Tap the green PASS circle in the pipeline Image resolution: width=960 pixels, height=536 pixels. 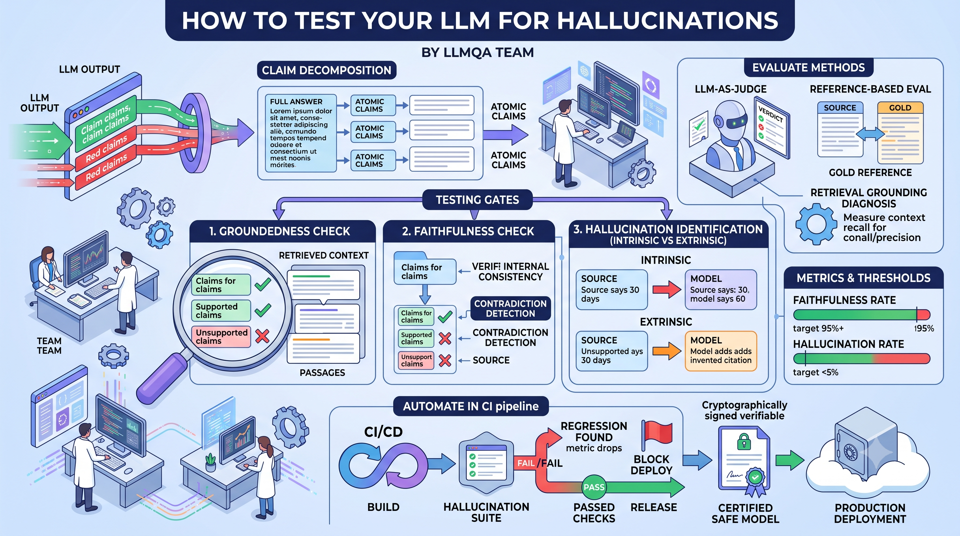pos(594,487)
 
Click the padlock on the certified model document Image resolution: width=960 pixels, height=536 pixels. pos(744,442)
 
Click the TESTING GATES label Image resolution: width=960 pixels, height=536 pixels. pos(478,200)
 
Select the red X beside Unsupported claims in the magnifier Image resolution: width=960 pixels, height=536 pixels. pos(262,336)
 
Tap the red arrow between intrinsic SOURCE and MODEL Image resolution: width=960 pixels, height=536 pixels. pos(667,289)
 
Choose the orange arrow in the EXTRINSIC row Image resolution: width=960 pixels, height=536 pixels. pos(667,351)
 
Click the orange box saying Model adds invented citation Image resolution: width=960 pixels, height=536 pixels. pos(721,351)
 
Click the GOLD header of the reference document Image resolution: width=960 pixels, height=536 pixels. pos(900,108)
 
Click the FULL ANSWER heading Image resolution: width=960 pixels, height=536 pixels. pos(296,102)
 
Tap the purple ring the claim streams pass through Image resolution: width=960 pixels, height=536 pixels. pos(195,133)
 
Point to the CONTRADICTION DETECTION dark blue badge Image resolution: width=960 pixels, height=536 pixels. pos(510,308)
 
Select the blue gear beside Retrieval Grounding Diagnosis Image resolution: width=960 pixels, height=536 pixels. pos(816,224)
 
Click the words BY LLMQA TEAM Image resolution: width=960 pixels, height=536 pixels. pos(478,53)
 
